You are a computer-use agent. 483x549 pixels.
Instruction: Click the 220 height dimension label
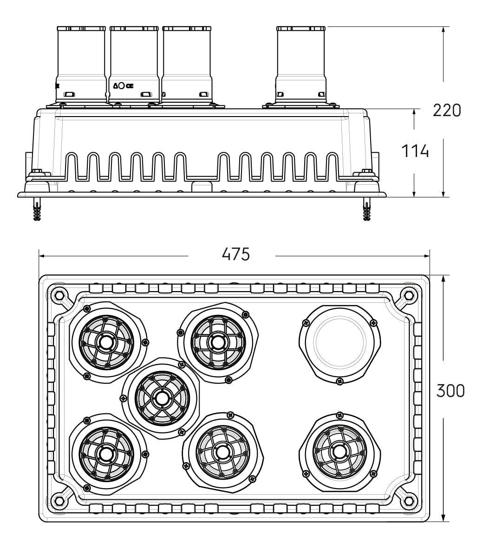click(447, 111)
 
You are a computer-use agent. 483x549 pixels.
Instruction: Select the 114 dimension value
click(415, 151)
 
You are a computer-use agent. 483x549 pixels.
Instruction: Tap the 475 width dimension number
click(236, 254)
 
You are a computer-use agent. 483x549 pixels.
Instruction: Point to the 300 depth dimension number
click(450, 391)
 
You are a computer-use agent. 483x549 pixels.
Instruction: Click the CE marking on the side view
click(130, 86)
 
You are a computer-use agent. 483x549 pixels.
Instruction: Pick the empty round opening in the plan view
click(340, 342)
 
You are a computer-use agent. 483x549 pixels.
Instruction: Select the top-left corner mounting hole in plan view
click(59, 294)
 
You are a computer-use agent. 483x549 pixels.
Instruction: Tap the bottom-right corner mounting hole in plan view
click(408, 499)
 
